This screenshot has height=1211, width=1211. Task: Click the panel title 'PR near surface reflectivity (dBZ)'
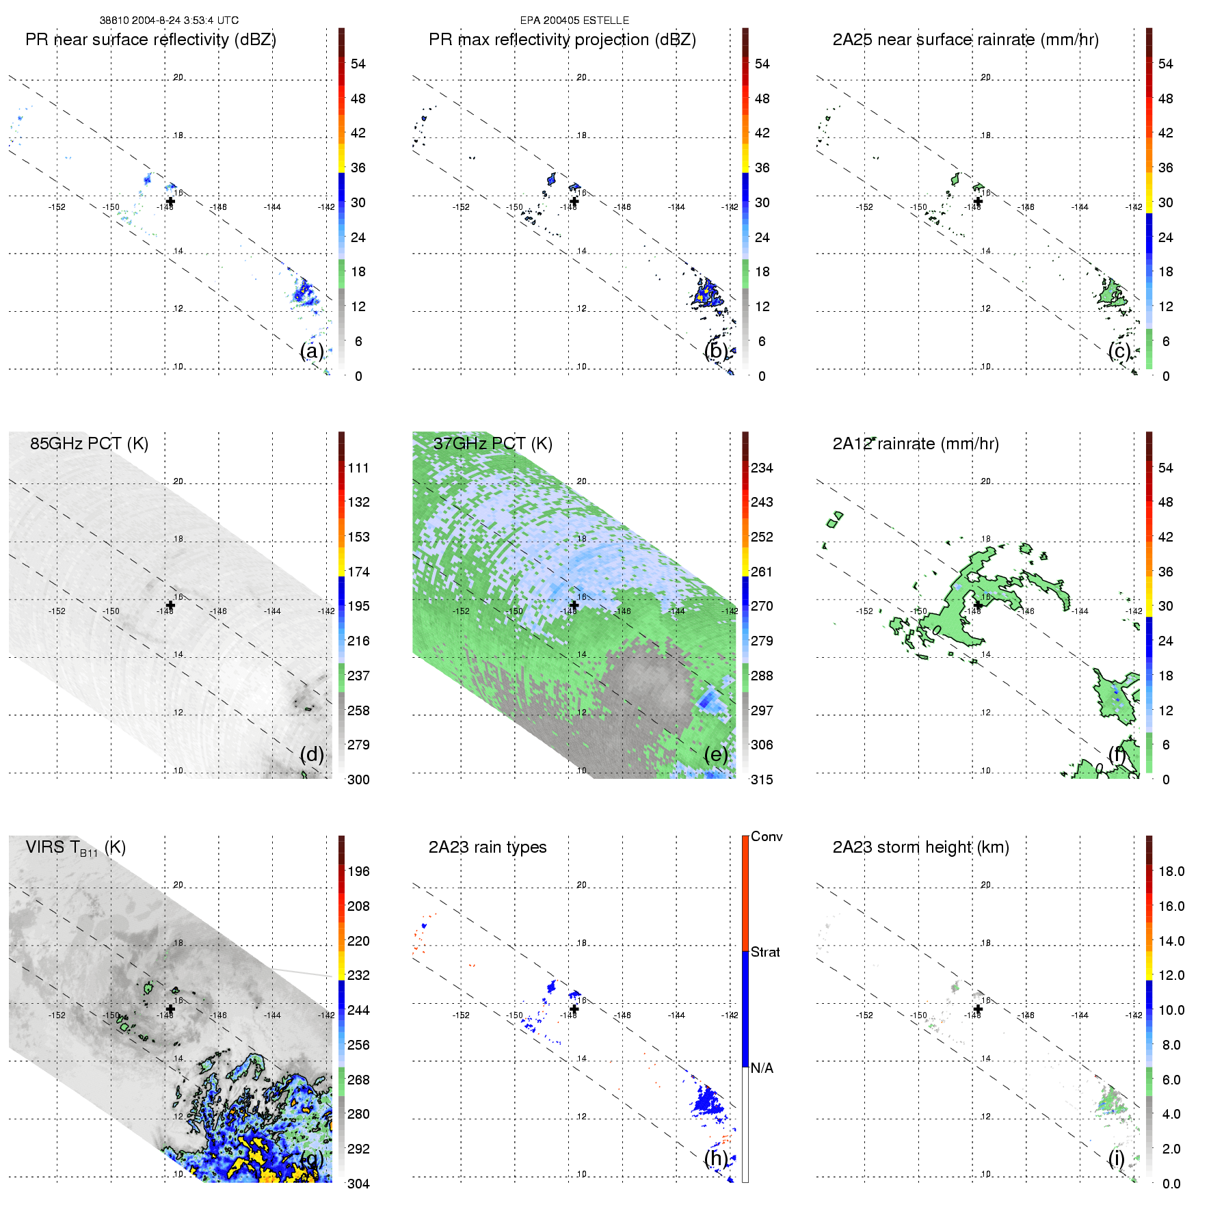tap(150, 40)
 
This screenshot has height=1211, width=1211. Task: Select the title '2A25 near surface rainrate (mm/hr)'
tap(965, 40)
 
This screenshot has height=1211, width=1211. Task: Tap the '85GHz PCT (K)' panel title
tap(89, 444)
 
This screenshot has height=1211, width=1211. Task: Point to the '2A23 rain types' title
tap(487, 847)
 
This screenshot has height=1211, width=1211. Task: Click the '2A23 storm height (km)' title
tap(920, 847)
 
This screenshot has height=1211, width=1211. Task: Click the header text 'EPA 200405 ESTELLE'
tap(574, 21)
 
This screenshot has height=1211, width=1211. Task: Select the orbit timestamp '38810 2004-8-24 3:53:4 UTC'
tap(169, 21)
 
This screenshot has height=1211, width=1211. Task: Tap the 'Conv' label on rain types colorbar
tap(766, 836)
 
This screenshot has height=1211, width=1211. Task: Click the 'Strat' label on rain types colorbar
tap(765, 952)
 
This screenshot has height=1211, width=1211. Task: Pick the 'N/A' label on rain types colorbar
tap(762, 1068)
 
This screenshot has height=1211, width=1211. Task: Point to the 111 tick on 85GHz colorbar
tap(358, 468)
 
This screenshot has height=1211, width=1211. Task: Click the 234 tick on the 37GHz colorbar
tap(762, 468)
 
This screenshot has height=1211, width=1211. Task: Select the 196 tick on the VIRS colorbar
tap(358, 871)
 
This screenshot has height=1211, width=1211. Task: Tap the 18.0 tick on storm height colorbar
tap(1171, 871)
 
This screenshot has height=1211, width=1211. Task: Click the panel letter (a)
tap(312, 351)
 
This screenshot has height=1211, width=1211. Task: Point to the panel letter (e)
tap(716, 754)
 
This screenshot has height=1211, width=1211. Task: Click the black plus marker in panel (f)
tap(978, 605)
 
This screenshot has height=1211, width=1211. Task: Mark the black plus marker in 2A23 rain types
tap(574, 1009)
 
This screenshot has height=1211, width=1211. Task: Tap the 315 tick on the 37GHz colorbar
tap(762, 780)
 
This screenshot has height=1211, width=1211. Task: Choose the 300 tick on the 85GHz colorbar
tap(358, 780)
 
